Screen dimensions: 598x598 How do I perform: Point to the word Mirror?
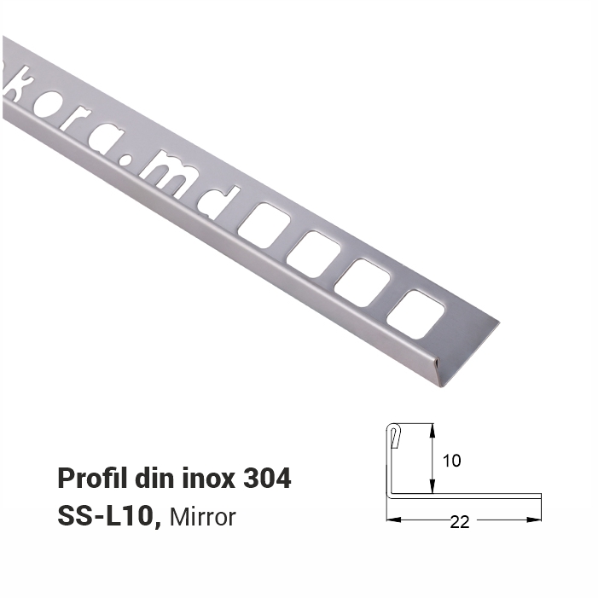point(203,517)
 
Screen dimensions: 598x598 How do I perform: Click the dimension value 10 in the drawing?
point(452,461)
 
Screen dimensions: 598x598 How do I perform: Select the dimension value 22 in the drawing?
point(460,523)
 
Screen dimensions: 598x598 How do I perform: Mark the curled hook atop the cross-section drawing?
point(393,435)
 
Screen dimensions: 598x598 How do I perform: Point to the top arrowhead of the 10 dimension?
point(433,428)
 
